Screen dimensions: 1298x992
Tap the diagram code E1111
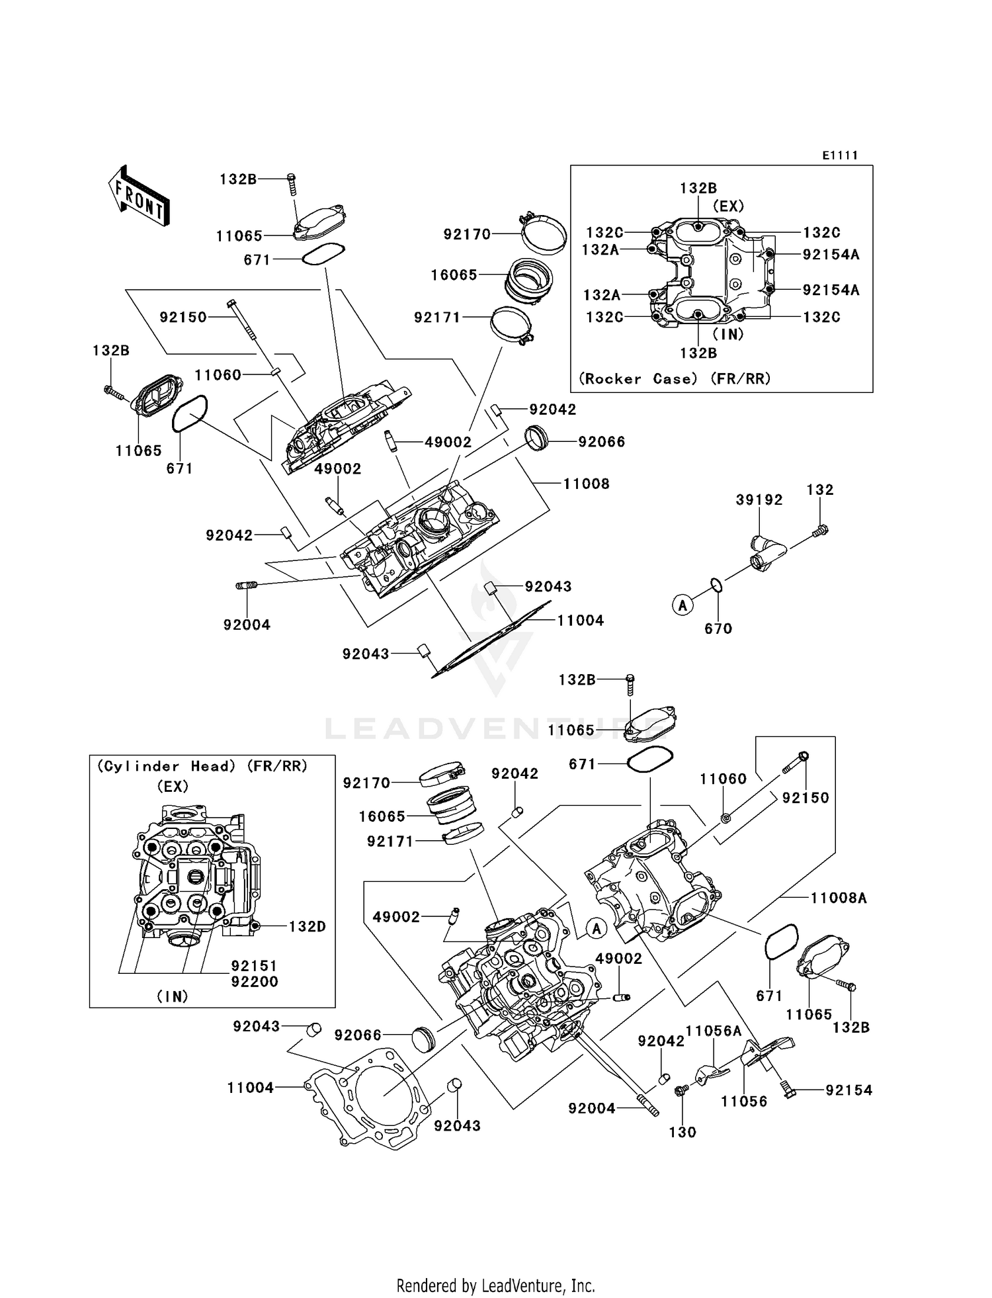840,155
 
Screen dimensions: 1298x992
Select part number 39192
759,500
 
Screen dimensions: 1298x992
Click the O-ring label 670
718,628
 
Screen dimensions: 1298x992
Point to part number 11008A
838,898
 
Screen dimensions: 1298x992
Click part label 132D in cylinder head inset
307,926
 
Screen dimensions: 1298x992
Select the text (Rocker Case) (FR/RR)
675,379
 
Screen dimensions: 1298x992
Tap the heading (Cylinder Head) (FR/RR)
202,766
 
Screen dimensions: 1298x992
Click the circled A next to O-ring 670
682,605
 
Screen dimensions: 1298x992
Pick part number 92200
254,982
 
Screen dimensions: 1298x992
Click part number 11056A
713,1031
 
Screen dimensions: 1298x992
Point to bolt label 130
682,1132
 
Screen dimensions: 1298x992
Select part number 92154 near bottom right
848,1090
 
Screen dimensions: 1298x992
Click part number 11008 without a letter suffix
586,484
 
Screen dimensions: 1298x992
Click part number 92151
254,966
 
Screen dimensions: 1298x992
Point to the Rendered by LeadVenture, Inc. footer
495,1285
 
